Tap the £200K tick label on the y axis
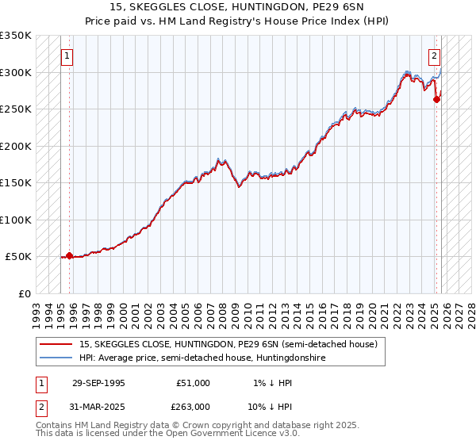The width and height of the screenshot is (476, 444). tap(16, 146)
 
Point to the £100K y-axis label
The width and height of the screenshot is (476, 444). tap(16, 220)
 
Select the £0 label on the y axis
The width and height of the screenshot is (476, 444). tap(24, 293)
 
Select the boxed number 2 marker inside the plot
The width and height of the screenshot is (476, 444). tap(435, 56)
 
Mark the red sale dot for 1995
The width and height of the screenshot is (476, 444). tap(69, 255)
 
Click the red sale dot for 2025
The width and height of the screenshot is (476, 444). tap(436, 99)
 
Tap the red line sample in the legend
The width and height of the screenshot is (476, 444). tap(57, 344)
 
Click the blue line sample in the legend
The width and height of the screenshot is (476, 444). tap(57, 358)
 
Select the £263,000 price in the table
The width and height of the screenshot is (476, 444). tap(193, 407)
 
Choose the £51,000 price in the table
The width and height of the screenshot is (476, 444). tap(193, 383)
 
